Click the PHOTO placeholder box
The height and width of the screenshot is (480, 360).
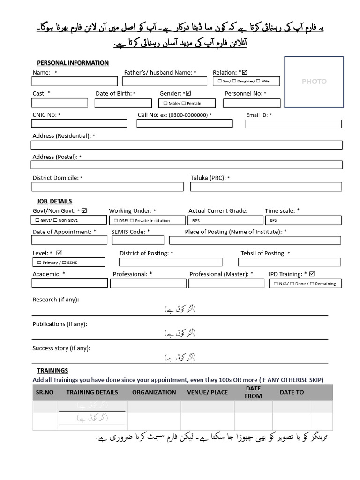314,81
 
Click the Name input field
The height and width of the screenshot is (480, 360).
75,82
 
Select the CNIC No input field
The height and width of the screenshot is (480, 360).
79,123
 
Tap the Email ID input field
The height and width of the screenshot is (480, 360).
293,124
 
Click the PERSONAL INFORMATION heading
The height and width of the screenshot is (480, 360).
73,63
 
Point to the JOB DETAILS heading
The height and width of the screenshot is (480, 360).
54,201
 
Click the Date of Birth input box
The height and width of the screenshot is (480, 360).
123,103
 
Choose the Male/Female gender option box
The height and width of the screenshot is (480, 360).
187,103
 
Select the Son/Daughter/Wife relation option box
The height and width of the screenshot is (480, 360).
247,82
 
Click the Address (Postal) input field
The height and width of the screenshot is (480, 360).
187,165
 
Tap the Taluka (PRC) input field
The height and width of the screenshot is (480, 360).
266,187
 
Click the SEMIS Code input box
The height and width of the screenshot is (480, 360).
138,240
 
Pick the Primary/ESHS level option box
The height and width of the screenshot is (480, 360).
68,262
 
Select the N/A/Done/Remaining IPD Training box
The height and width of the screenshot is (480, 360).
305,284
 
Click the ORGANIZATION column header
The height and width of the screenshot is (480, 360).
154,392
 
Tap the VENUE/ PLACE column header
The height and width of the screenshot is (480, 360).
207,392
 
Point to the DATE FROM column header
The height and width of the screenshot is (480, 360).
253,392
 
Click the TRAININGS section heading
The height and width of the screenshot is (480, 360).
52,370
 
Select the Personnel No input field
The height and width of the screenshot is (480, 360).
252,103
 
